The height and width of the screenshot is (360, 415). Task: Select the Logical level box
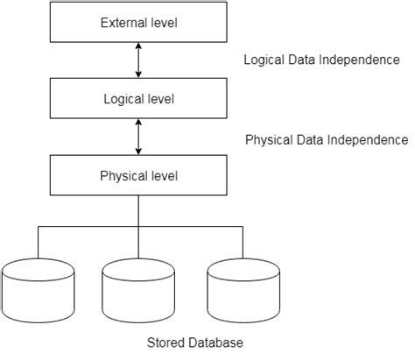pos(138,98)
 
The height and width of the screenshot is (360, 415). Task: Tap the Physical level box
pos(138,175)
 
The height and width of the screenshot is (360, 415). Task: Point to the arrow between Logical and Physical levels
pos(138,137)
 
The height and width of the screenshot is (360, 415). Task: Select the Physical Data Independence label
pos(326,139)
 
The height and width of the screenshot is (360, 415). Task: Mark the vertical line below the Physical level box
pos(138,210)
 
